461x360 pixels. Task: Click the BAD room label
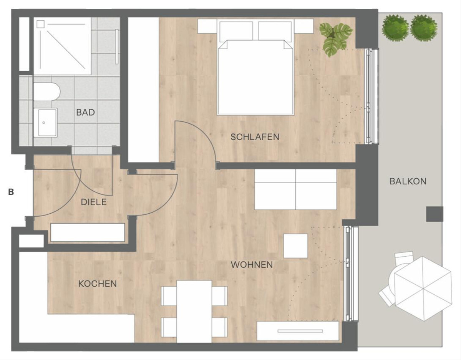(x=85, y=112)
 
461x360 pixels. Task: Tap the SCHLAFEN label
(x=255, y=137)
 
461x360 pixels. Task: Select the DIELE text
(x=94, y=202)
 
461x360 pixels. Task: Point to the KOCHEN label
(x=97, y=284)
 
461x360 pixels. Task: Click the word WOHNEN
(x=252, y=265)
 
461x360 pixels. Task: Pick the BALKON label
(x=408, y=181)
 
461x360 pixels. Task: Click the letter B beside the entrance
(x=11, y=192)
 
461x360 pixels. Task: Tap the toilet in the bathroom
(x=47, y=92)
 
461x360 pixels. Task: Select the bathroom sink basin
(x=47, y=123)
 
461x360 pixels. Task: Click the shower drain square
(x=40, y=24)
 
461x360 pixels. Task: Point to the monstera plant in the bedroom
(x=336, y=39)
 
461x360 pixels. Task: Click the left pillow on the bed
(x=236, y=32)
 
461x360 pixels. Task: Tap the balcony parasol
(x=423, y=289)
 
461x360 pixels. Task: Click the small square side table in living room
(x=296, y=246)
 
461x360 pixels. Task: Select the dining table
(x=194, y=312)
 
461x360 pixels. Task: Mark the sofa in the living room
(x=295, y=189)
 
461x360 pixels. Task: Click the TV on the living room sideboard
(x=300, y=331)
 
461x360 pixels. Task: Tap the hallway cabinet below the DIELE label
(x=88, y=232)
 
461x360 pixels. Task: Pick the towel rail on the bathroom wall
(x=117, y=46)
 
